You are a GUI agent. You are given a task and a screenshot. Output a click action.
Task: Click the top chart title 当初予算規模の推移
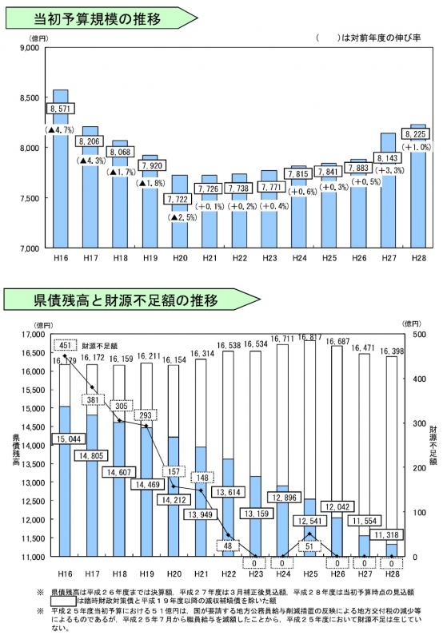coord(96,17)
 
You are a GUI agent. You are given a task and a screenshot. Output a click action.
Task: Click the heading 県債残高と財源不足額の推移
coord(114,300)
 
